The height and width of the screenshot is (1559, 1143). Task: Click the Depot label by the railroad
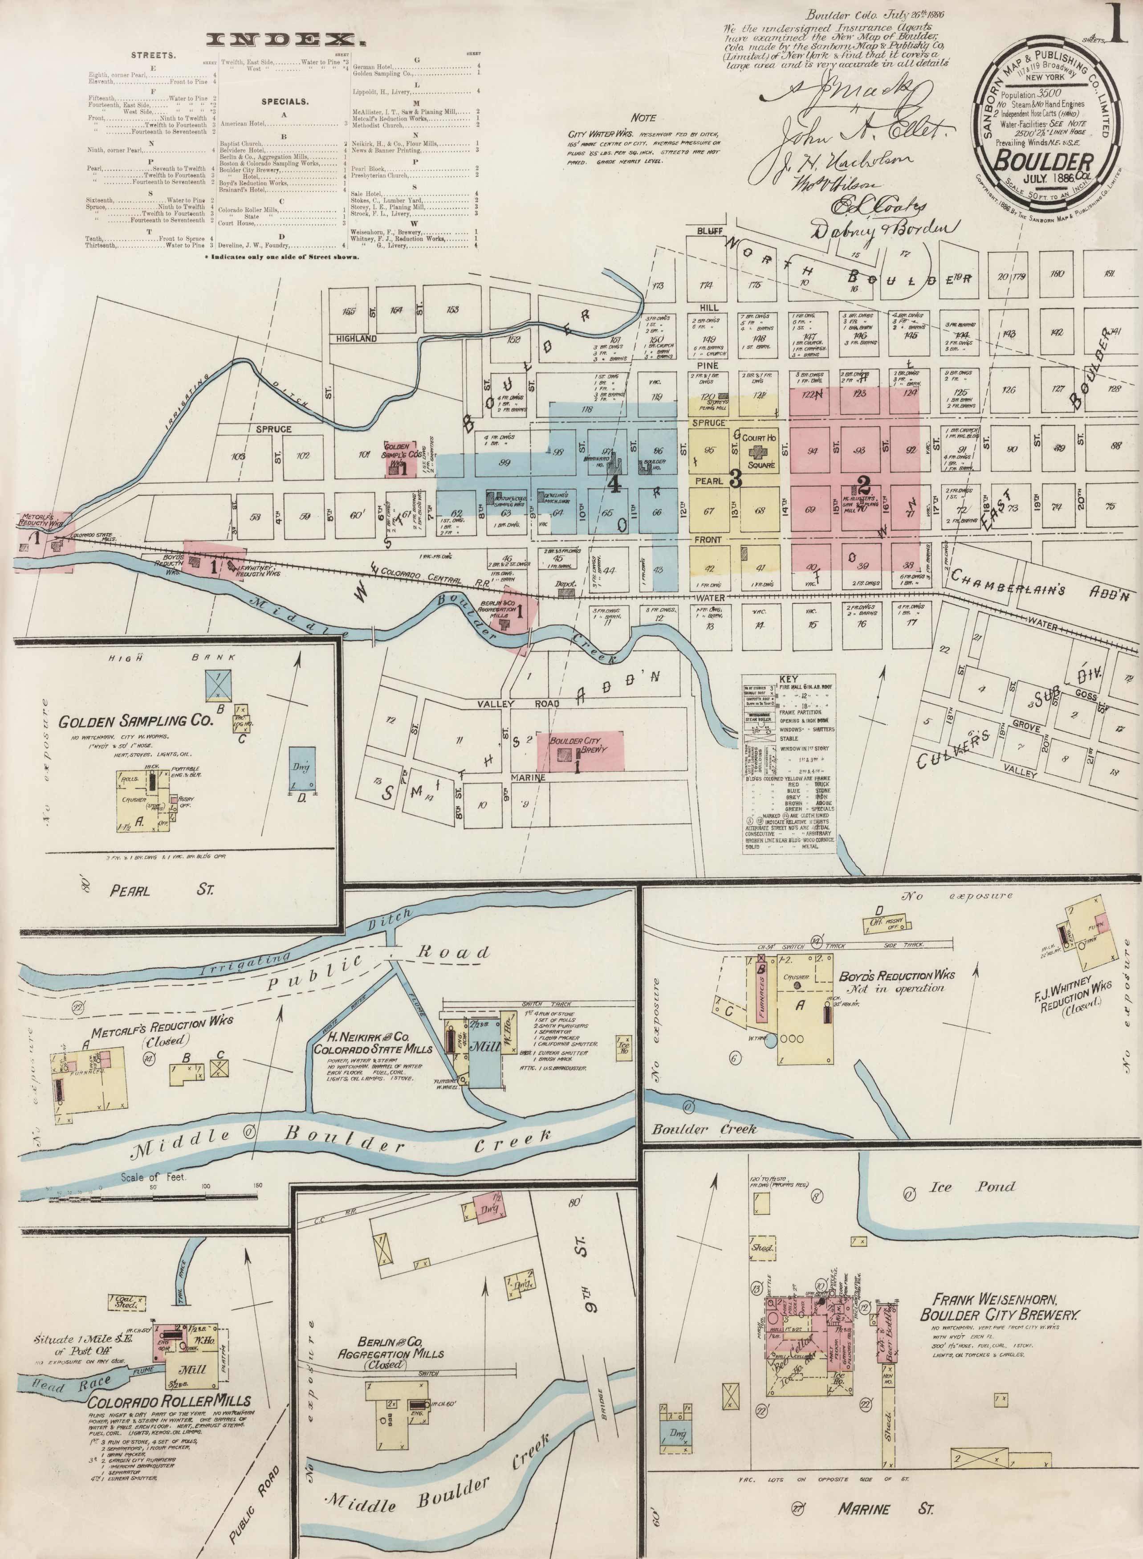coord(565,584)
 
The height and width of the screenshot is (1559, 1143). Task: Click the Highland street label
coord(357,339)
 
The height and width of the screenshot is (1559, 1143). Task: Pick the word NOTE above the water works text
coord(643,118)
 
